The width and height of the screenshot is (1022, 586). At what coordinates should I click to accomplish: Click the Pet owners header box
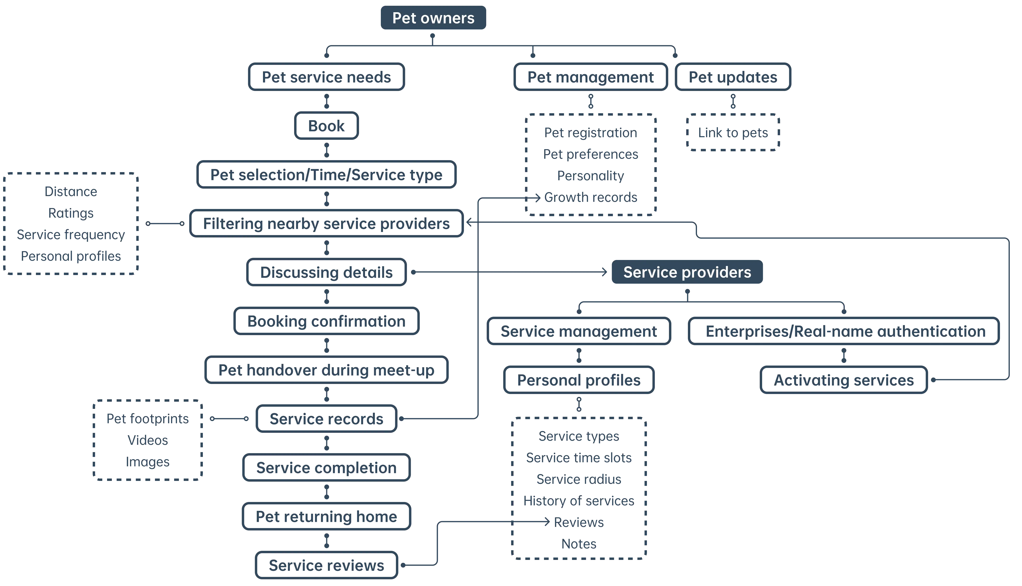coord(433,18)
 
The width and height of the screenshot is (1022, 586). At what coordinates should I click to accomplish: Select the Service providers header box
coord(687,272)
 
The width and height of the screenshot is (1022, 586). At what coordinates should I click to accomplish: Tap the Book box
coord(326,126)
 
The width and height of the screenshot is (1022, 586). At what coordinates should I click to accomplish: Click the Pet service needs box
coord(326,77)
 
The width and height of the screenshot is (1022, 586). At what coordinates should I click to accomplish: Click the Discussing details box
coord(326,272)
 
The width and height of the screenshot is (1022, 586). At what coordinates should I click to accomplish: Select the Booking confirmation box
coord(326,321)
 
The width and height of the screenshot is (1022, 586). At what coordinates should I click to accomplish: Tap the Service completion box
coord(326,468)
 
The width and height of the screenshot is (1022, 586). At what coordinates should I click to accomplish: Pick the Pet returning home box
coord(326,516)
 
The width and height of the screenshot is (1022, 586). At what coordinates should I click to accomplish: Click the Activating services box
coord(843,380)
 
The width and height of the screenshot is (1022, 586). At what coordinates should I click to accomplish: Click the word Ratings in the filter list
coord(70,213)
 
